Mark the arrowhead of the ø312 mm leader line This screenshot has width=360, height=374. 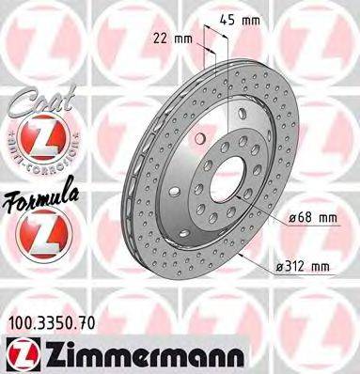(239, 253)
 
